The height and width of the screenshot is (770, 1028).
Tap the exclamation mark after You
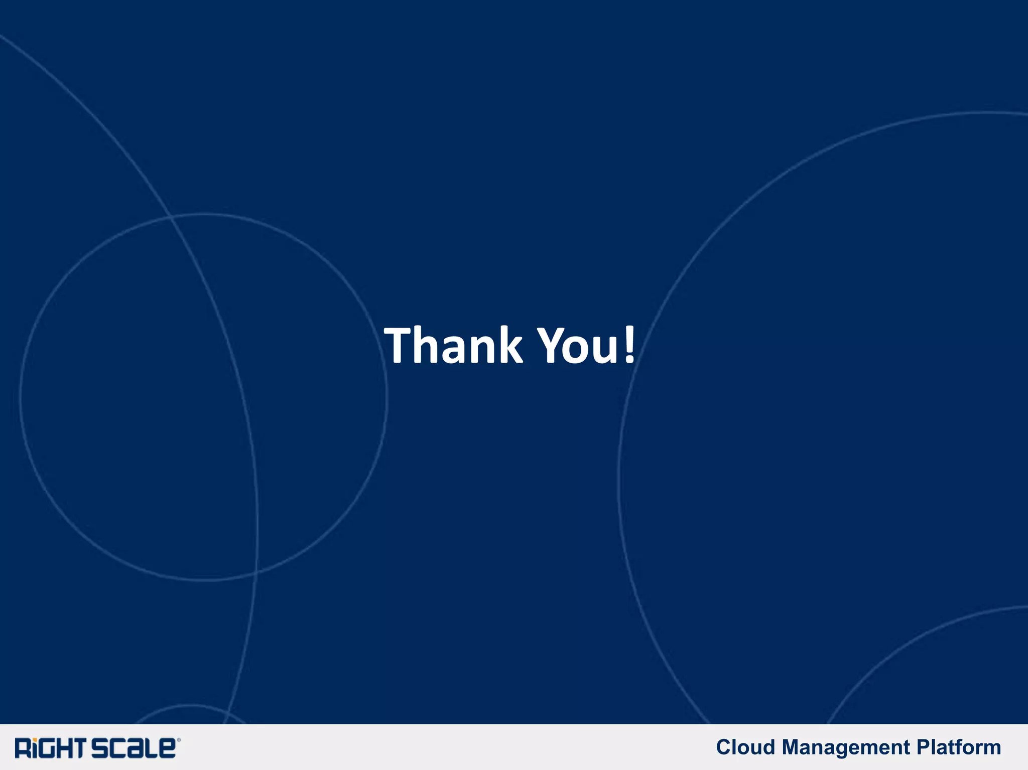[629, 345]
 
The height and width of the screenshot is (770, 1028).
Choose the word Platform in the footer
[959, 747]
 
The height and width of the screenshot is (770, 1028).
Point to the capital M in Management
[793, 747]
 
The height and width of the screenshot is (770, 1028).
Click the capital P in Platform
[923, 747]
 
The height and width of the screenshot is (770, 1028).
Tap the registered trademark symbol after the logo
[179, 740]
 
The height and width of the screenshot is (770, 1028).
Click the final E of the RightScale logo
[167, 748]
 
